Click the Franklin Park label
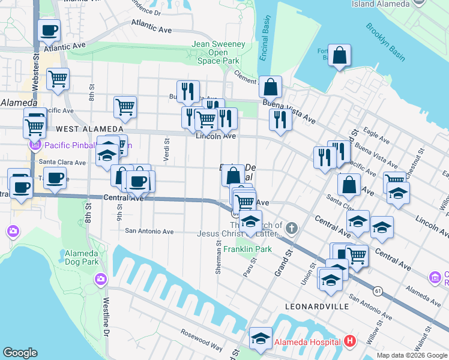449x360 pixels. pos(247,249)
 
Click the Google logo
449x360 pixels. pos(20,353)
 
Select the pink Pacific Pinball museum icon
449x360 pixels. pos(35,145)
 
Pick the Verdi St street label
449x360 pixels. pos(167,150)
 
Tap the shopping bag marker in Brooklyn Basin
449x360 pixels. pos(339,56)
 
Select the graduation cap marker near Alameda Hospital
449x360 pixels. pos(261,340)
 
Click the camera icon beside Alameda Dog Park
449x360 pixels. pos(100,278)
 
